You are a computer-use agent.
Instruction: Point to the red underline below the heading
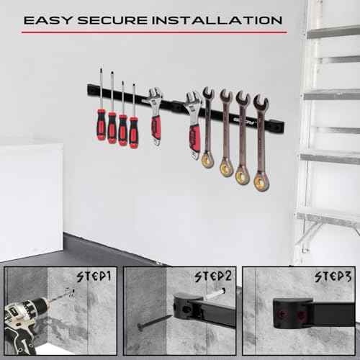[154, 32]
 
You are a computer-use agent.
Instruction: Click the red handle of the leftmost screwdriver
[101, 123]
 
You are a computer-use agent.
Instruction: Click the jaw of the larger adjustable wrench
[192, 102]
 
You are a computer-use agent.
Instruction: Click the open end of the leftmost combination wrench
[208, 94]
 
